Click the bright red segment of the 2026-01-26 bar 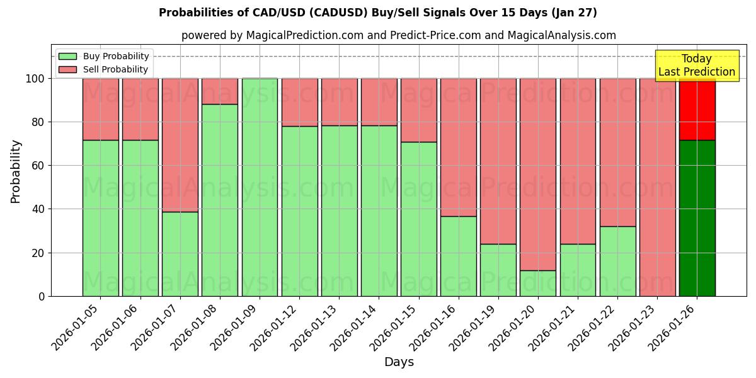pyautogui.click(x=697, y=109)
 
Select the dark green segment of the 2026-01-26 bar pyautogui.click(x=697, y=218)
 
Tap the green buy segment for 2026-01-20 pyautogui.click(x=538, y=283)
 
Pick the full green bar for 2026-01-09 pyautogui.click(x=260, y=187)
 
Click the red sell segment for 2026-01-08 pyautogui.click(x=220, y=91)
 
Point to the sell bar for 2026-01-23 pyautogui.click(x=657, y=187)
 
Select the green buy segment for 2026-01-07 pyautogui.click(x=180, y=254)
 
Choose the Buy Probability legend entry pyautogui.click(x=104, y=56)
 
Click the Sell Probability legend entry pyautogui.click(x=104, y=69)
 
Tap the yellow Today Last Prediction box pyautogui.click(x=696, y=66)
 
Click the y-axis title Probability pyautogui.click(x=16, y=171)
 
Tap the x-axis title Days pyautogui.click(x=399, y=362)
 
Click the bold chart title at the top pyautogui.click(x=378, y=13)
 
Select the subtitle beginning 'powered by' pyautogui.click(x=399, y=35)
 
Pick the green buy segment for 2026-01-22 pyautogui.click(x=617, y=261)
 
